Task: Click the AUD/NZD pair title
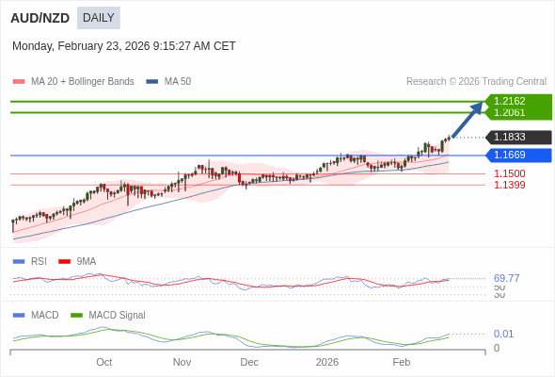click(40, 18)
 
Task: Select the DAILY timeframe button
click(98, 18)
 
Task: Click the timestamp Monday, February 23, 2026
click(124, 46)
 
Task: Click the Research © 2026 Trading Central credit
click(476, 82)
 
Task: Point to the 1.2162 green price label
click(510, 101)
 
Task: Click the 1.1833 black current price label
click(510, 137)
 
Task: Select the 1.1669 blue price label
click(510, 155)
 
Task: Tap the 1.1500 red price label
click(510, 173)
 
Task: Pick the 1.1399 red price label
click(510, 185)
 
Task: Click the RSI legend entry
click(38, 261)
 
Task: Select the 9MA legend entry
click(86, 261)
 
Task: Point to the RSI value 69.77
click(506, 278)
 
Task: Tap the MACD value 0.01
click(503, 334)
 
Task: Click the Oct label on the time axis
click(103, 362)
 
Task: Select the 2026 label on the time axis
click(326, 362)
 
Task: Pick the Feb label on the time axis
click(401, 362)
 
